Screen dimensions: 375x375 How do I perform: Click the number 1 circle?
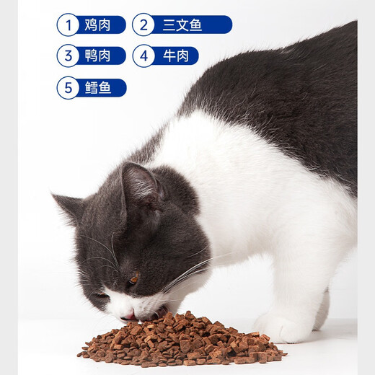[x=68, y=25]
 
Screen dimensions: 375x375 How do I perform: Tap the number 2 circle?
[x=144, y=25]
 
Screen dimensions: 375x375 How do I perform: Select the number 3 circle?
[x=68, y=56]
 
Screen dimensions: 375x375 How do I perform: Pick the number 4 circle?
[x=144, y=56]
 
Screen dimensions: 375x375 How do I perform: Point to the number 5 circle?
[x=68, y=88]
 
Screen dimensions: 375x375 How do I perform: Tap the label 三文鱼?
[x=186, y=25]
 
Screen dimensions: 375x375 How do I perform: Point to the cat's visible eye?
[x=133, y=278]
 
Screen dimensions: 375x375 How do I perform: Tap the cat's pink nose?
[x=128, y=315]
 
